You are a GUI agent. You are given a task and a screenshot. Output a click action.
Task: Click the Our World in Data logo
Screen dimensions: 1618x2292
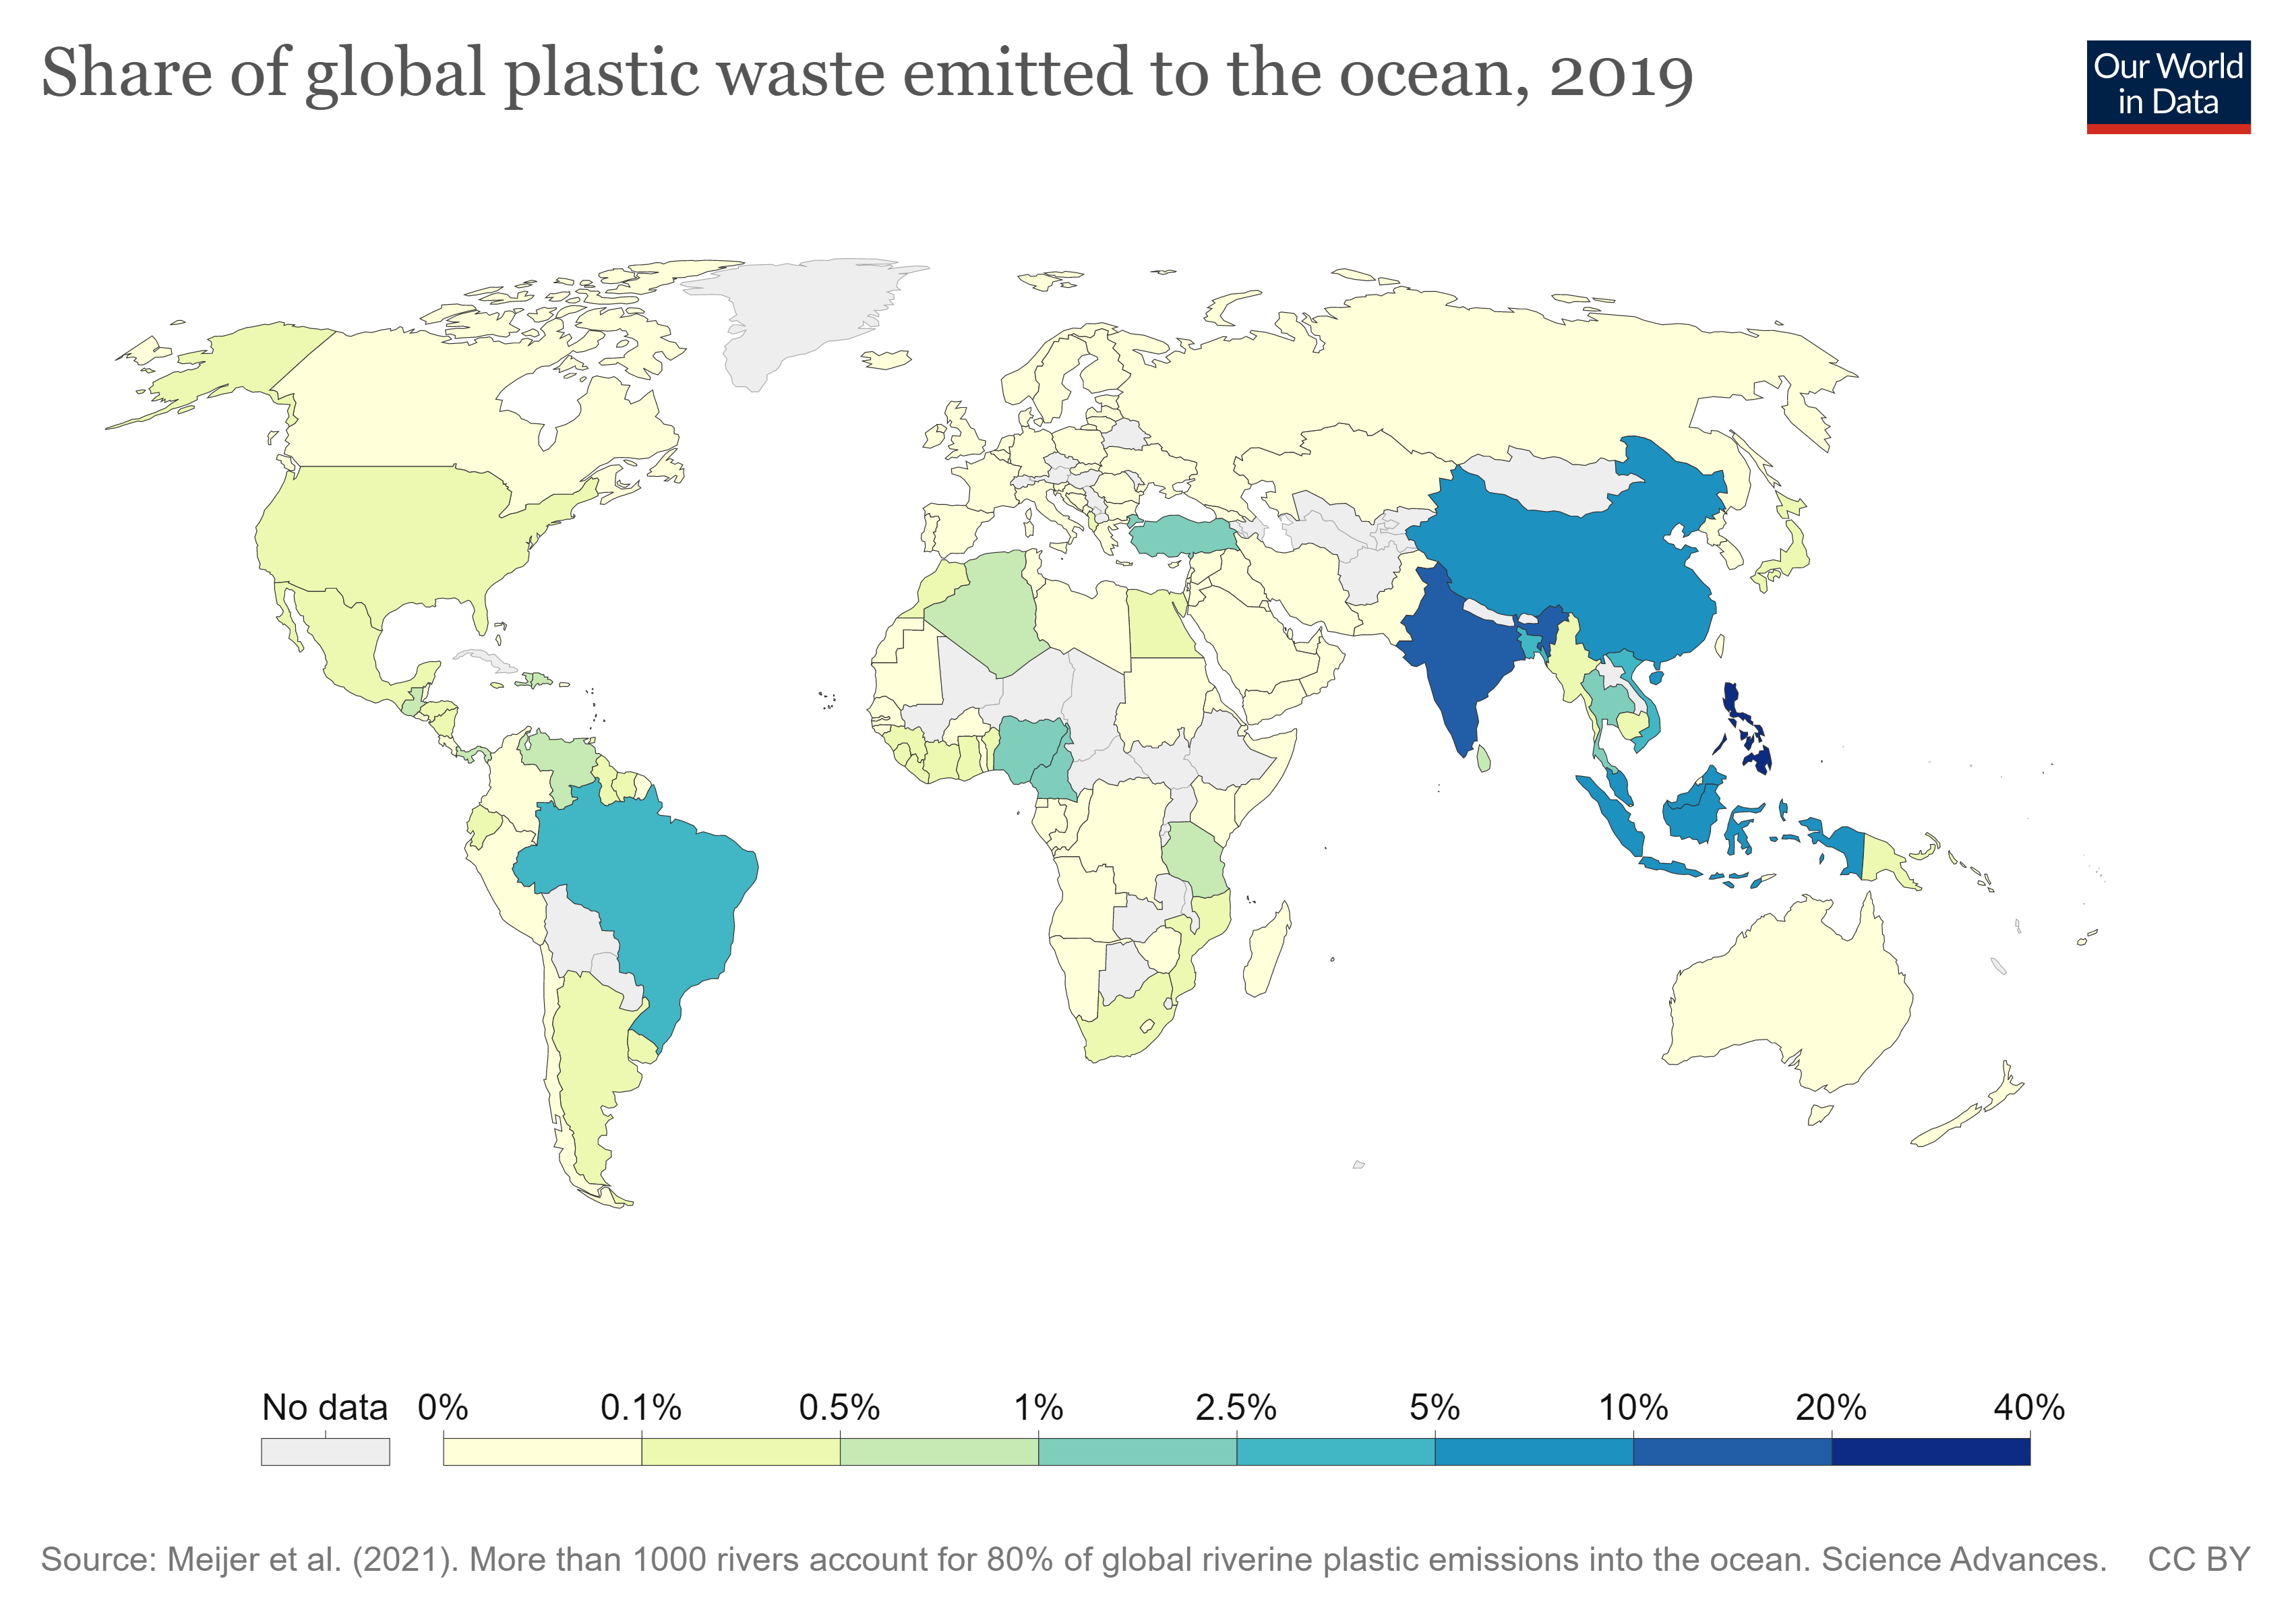[2167, 86]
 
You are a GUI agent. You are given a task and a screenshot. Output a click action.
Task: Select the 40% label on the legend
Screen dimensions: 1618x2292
[2028, 1408]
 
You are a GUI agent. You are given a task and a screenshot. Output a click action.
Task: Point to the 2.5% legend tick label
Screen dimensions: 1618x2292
[1235, 1408]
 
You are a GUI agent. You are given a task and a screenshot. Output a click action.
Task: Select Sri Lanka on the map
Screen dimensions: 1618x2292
[1484, 760]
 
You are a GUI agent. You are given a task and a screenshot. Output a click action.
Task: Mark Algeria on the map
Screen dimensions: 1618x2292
[988, 609]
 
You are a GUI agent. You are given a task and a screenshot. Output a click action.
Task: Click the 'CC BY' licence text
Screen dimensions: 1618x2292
[2198, 1559]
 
